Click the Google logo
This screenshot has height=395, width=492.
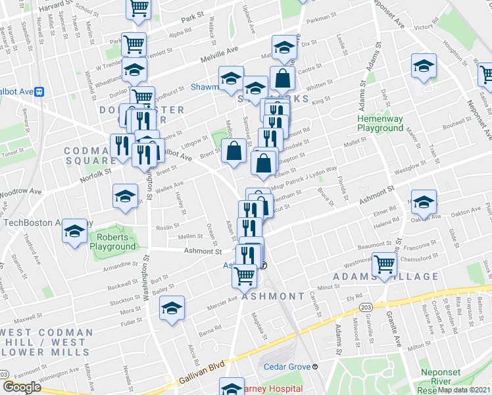click(x=22, y=387)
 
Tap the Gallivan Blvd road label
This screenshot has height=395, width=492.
click(x=201, y=373)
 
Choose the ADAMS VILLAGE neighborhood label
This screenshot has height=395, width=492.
click(x=385, y=277)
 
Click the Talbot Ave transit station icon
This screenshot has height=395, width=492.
click(x=39, y=92)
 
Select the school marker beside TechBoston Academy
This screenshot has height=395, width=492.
click(x=74, y=232)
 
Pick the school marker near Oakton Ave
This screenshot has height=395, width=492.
click(x=424, y=203)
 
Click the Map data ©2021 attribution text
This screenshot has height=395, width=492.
click(x=464, y=390)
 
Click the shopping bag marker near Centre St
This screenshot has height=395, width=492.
click(x=282, y=80)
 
